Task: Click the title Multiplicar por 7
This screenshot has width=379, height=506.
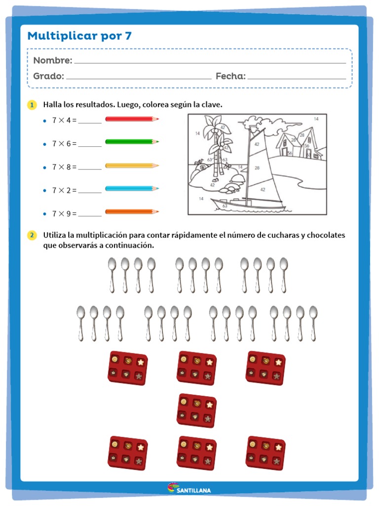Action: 79,36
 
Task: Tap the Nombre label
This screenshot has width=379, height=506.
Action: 53,60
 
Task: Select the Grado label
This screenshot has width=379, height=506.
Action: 48,76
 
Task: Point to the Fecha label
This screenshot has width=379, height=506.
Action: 230,76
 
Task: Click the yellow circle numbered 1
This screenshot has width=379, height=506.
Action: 32,105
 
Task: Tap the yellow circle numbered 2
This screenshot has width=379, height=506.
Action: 32,235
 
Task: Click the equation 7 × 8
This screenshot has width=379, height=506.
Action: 64,167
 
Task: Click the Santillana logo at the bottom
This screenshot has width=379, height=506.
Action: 189,489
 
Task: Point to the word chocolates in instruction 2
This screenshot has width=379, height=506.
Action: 326,235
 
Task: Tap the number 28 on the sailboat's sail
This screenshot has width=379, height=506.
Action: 257,168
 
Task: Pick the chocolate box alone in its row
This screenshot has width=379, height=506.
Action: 196,410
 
